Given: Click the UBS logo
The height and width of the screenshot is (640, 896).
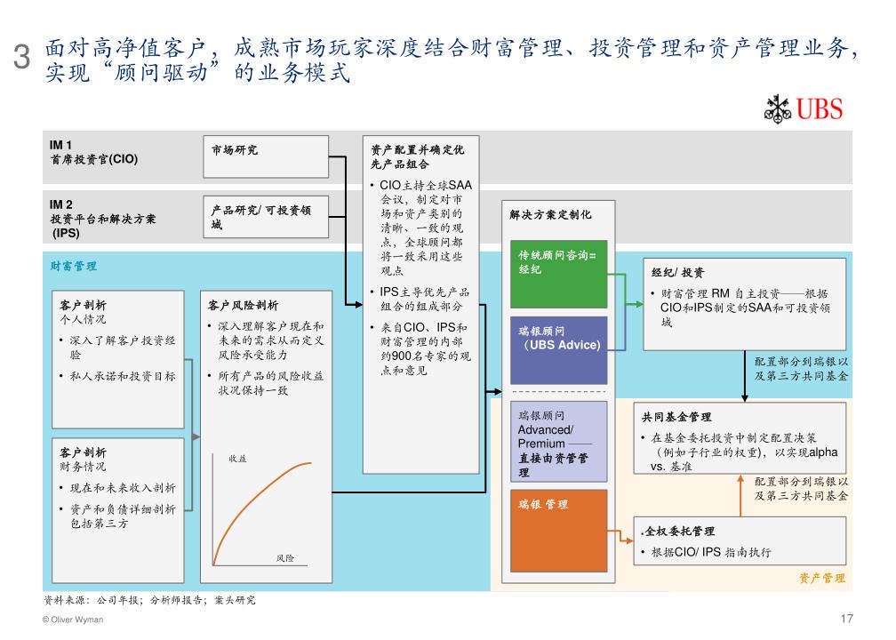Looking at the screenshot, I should click(x=803, y=109).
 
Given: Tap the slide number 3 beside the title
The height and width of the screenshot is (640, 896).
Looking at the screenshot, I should click(x=24, y=59).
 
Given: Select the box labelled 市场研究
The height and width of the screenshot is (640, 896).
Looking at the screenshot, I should click(x=266, y=156).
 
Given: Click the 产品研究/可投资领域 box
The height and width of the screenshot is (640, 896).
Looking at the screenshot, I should click(x=266, y=218).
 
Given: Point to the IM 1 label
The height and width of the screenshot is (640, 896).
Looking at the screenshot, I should click(x=61, y=145).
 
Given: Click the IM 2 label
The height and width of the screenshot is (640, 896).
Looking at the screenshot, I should click(x=61, y=204).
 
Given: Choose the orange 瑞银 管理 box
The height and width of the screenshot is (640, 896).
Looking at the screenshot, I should click(x=558, y=529).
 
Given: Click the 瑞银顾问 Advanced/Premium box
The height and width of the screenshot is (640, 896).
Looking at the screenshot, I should click(x=558, y=439).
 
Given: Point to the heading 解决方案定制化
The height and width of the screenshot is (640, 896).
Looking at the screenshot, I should click(x=550, y=214).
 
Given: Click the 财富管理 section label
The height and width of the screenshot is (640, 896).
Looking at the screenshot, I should click(x=74, y=266).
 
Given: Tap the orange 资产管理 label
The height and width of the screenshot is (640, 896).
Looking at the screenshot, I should click(x=821, y=578).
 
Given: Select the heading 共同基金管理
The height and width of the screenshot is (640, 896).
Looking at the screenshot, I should click(x=676, y=417).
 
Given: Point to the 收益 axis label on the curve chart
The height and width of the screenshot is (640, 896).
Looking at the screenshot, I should click(x=237, y=458).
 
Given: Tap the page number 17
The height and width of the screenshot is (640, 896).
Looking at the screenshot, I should click(x=845, y=619).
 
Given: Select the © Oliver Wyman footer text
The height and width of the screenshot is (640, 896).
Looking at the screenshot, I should click(x=73, y=620).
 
